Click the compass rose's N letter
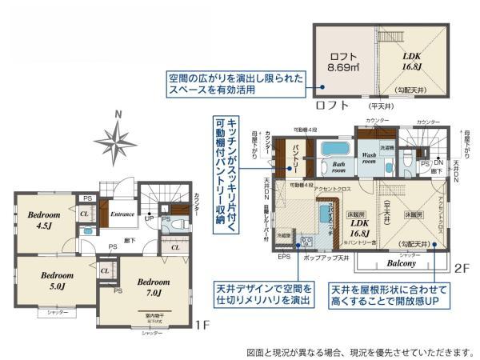[118, 114]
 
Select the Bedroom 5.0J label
[57, 280]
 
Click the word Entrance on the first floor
[122, 214]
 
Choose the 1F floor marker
[203, 326]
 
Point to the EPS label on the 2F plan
[284, 258]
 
